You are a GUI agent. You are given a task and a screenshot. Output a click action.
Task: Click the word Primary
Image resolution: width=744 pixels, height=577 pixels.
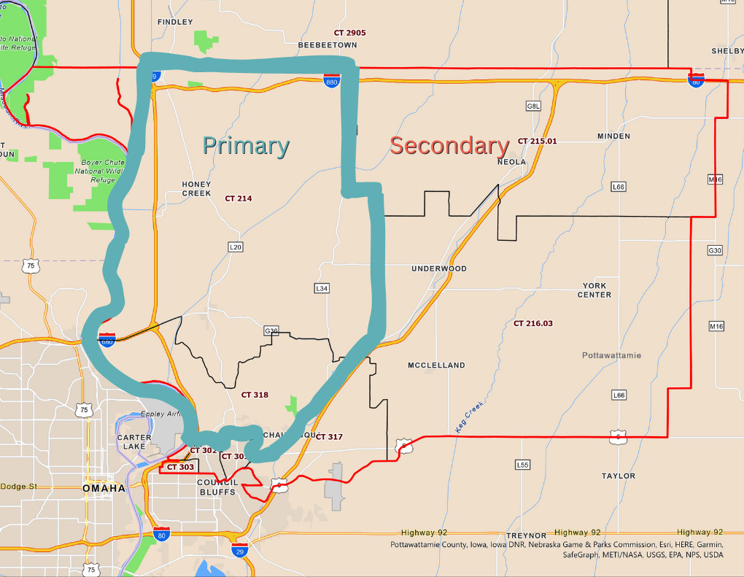[246, 145]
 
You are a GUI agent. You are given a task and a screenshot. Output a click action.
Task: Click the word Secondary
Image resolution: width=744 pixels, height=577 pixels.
[449, 145]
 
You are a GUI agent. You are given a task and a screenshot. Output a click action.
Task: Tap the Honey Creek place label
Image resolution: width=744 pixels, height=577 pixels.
[197, 189]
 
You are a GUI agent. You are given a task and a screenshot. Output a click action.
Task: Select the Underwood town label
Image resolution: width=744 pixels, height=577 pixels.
[438, 268]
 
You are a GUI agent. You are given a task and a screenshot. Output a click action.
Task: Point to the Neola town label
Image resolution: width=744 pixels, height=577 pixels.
[511, 162]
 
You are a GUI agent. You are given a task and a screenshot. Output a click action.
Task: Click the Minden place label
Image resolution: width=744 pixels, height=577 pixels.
[613, 136]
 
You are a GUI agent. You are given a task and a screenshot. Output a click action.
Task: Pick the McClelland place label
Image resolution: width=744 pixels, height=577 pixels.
[436, 365]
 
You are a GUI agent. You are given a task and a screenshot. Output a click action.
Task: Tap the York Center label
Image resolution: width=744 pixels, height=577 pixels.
[594, 290]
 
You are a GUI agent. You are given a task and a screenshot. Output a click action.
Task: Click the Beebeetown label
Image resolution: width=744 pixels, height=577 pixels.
[328, 45]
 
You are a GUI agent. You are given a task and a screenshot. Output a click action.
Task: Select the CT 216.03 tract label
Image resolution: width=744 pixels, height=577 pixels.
[533, 323]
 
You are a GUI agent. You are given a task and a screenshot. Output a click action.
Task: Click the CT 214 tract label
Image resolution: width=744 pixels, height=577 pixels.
[239, 198]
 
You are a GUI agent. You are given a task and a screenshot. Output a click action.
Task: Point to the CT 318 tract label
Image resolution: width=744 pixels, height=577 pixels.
[255, 395]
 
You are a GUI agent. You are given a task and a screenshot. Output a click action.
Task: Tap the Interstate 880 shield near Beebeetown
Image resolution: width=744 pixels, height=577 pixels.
[331, 80]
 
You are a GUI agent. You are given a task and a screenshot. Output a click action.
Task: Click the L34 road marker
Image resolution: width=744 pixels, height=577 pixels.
[322, 289]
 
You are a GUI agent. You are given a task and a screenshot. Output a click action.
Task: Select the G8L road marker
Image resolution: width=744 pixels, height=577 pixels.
[533, 107]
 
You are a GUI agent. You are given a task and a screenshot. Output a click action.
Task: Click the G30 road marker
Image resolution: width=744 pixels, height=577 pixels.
[715, 250]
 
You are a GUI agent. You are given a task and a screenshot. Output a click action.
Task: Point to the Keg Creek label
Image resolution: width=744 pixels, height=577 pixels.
[470, 417]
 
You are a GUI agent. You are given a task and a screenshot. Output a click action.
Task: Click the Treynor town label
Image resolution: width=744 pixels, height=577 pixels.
[526, 535]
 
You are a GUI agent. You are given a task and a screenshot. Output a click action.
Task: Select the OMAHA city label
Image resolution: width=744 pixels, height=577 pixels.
[104, 488]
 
